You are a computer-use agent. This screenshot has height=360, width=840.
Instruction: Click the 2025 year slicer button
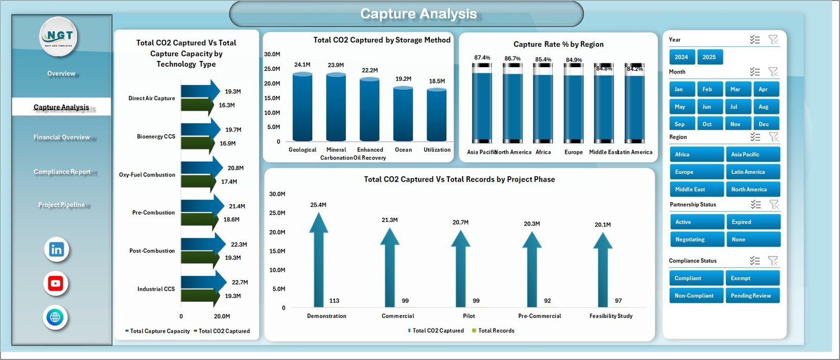pos(709,57)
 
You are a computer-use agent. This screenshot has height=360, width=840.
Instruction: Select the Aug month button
pos(765,107)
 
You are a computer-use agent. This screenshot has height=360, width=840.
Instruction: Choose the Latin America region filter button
pos(752,172)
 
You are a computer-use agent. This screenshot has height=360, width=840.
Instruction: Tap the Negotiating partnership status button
pos(697,239)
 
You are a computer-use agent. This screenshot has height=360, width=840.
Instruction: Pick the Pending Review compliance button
pos(752,295)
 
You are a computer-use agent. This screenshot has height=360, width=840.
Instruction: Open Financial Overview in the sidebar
pos(62,137)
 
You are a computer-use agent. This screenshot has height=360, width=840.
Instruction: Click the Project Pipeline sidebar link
pos(61,205)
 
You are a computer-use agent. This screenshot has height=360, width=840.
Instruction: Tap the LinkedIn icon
pos(57,249)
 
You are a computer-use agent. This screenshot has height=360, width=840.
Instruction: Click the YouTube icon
pos(56,284)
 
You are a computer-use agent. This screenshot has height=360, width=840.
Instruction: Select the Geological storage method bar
pos(302,108)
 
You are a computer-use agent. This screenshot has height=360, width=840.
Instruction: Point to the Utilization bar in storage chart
pos(437,115)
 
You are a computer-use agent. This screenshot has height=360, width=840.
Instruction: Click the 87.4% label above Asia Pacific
pos(482,58)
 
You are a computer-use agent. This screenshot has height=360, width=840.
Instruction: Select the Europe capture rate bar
pos(573,108)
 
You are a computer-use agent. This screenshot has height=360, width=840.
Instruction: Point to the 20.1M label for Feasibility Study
pos(603,225)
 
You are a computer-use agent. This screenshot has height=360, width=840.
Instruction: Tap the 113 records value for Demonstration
pos(334,301)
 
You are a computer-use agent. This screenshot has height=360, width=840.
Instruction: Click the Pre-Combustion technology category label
pos(153,213)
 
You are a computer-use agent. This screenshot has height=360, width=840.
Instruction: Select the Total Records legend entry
pos(496,331)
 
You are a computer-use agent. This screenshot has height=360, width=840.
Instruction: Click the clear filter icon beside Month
pos(773,72)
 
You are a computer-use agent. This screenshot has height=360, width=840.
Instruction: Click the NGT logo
pos(59,36)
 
